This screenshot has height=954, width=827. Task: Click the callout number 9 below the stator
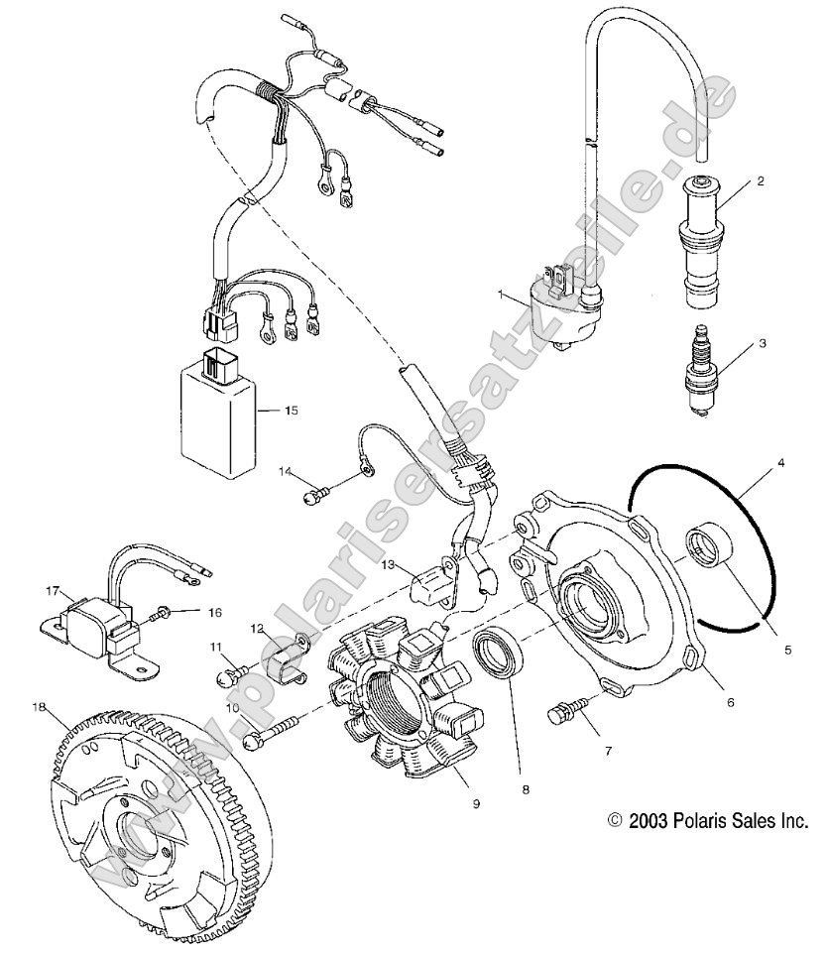[x=476, y=802]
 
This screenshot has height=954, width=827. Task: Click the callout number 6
[x=731, y=701]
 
